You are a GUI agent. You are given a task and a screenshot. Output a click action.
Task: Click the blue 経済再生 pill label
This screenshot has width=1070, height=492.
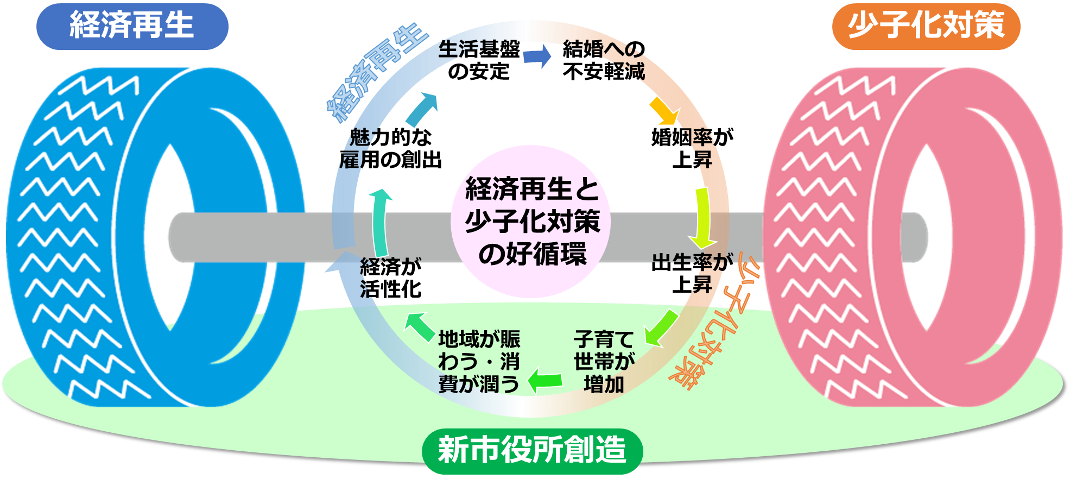pyautogui.click(x=132, y=26)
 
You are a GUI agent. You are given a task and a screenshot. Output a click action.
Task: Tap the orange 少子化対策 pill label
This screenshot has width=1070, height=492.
pyautogui.click(x=926, y=26)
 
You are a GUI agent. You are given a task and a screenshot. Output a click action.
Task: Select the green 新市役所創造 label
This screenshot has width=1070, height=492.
pyautogui.click(x=532, y=450)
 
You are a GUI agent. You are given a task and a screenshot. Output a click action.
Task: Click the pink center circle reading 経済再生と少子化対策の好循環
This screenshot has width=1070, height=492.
pyautogui.click(x=531, y=222)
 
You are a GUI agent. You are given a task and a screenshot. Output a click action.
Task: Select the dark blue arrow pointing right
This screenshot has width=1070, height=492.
pyautogui.click(x=537, y=56)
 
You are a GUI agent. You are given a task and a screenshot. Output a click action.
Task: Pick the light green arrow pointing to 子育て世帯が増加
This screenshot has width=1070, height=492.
pyautogui.click(x=660, y=329)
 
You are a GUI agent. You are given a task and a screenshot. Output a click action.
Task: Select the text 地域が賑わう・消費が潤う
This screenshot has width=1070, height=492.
pyautogui.click(x=479, y=362)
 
